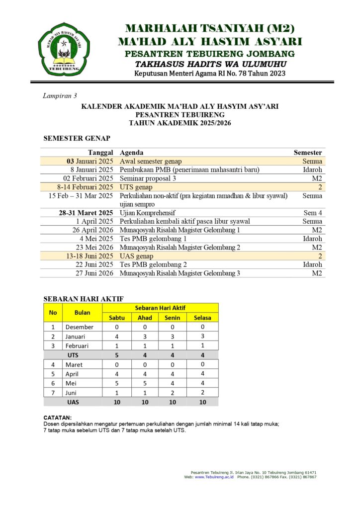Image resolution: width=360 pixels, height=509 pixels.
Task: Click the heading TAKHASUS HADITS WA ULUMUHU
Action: tap(210, 64)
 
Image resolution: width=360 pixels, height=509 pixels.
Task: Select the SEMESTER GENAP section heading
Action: tap(77, 138)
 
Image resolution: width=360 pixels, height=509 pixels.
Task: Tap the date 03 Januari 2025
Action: tap(90, 161)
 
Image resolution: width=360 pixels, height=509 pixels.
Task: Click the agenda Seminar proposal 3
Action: tap(148, 178)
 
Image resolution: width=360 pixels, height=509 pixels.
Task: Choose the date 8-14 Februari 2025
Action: tap(85, 187)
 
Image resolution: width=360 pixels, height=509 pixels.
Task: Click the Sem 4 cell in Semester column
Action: tap(313, 213)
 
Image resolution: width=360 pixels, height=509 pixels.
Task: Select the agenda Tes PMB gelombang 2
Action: tap(150, 264)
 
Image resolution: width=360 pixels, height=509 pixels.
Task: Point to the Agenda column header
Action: tap(132, 153)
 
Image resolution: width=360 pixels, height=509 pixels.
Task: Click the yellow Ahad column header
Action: tap(145, 318)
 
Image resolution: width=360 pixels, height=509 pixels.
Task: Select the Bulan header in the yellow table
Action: tap(82, 313)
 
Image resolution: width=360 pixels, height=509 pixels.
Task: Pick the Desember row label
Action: tap(79, 327)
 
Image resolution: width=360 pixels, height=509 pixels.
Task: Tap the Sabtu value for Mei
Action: tap(116, 383)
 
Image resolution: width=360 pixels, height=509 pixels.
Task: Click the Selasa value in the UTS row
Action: tap(202, 355)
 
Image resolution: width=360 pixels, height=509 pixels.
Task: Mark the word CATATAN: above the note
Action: tap(58, 418)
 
